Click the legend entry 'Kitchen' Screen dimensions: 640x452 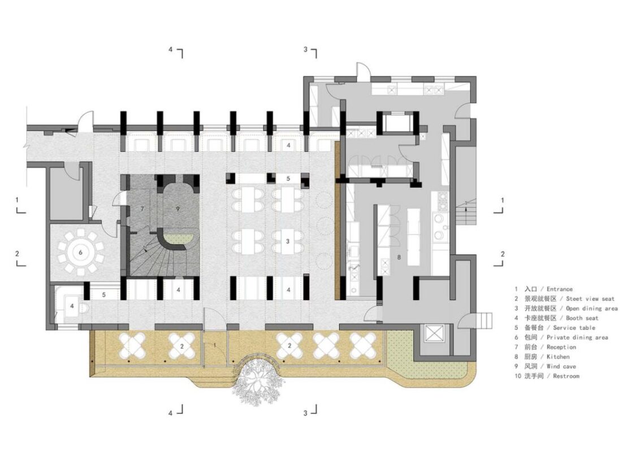click(x=558, y=357)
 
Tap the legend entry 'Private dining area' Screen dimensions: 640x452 click(x=577, y=337)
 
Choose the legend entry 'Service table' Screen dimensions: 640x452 click(x=574, y=328)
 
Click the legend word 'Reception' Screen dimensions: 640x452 click(x=561, y=347)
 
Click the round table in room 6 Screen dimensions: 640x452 click(x=80, y=253)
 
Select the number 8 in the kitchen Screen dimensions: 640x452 click(x=399, y=258)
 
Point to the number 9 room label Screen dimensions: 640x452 click(x=178, y=208)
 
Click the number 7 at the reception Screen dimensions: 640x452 click(x=142, y=208)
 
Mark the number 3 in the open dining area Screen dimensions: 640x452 click(x=287, y=241)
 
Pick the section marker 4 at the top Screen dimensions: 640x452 click(x=171, y=49)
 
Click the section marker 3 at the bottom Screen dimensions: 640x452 click(x=305, y=413)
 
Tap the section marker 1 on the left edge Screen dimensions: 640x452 click(x=17, y=200)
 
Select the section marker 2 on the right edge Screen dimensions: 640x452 click(x=503, y=254)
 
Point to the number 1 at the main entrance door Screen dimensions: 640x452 click(x=215, y=345)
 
